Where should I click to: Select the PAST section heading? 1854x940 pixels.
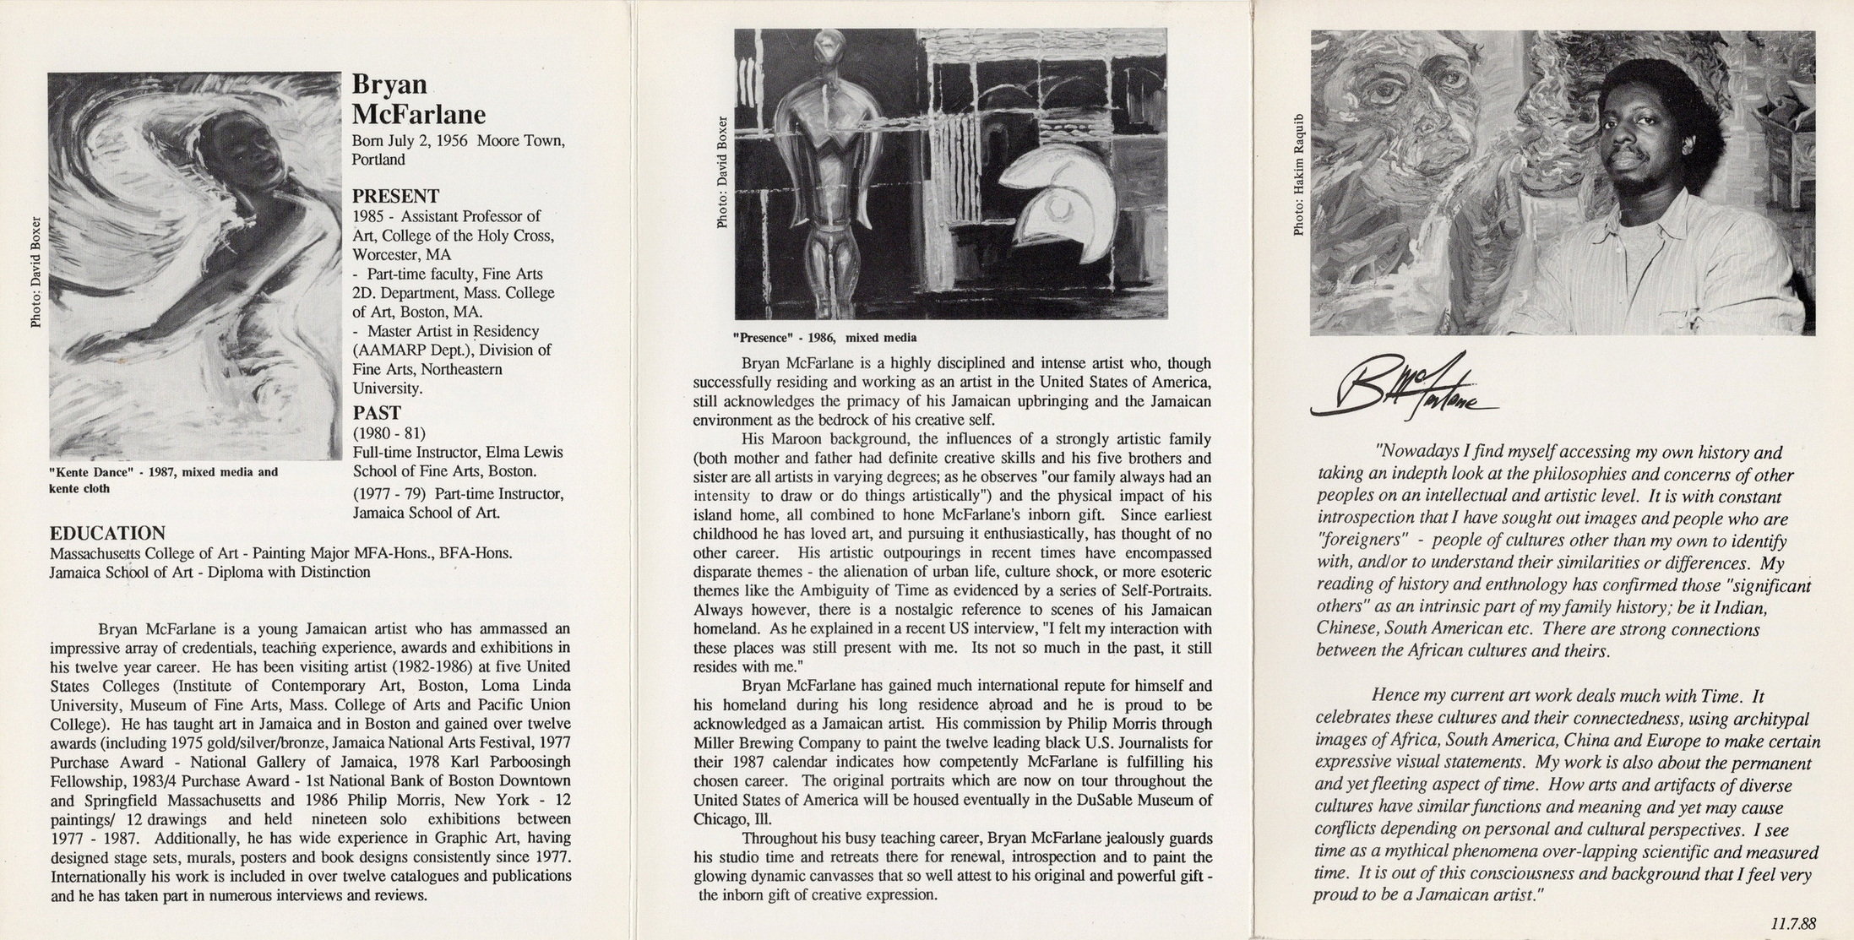point(376,413)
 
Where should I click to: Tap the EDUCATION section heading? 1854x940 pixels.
point(107,534)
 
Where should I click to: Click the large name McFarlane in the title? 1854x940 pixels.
point(418,114)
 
